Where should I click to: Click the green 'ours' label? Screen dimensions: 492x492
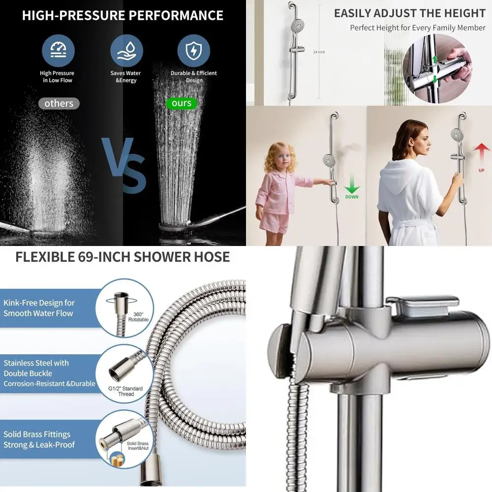tap(182, 103)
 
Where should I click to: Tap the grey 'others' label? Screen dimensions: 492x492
tap(59, 103)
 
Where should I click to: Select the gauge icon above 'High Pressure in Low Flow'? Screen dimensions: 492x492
tap(58, 51)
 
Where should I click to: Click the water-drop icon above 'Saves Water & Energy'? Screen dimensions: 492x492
tap(126, 51)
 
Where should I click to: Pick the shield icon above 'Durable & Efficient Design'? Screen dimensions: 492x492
tap(193, 51)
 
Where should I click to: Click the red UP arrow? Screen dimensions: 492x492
tap(481, 153)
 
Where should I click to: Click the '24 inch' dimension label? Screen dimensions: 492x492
tap(319, 52)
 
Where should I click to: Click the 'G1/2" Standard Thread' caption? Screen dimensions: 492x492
tap(126, 391)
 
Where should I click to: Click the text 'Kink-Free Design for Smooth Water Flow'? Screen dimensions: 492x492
tap(39, 308)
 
